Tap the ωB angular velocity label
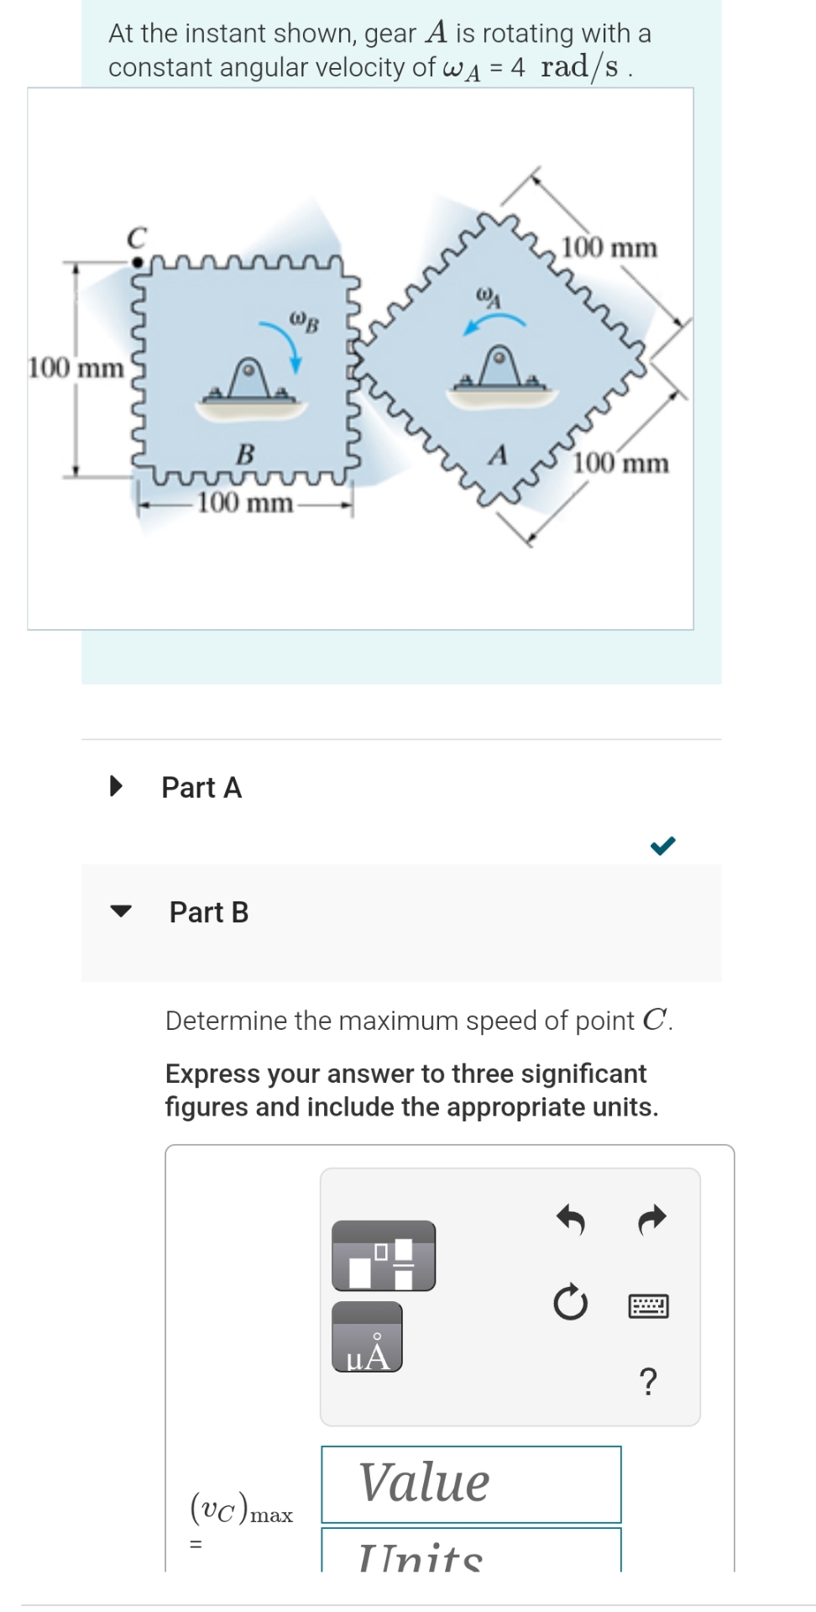(x=304, y=321)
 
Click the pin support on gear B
(x=250, y=385)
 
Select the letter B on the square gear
(x=245, y=454)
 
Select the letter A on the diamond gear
(x=499, y=455)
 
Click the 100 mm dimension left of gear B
(x=76, y=368)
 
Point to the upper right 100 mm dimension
(x=609, y=248)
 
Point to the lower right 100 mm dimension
(x=621, y=463)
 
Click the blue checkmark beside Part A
(x=662, y=845)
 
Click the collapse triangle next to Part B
(x=122, y=911)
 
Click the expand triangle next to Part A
(x=117, y=787)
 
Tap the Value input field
(x=471, y=1483)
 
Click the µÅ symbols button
(x=367, y=1337)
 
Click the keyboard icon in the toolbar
(x=648, y=1306)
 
